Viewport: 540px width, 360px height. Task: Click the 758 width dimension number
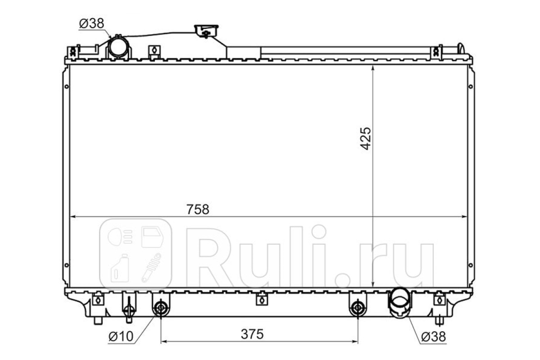point(198,210)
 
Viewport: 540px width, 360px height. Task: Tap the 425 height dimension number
point(365,139)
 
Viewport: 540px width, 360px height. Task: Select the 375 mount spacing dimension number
point(252,334)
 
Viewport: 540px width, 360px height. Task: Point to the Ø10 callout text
point(121,336)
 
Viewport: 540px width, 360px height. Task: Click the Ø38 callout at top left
point(92,23)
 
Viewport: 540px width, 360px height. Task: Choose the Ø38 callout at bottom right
point(434,337)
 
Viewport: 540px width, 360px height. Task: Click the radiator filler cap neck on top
point(206,31)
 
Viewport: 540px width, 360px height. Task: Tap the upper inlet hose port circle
point(118,47)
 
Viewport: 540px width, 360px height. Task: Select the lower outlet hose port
point(399,303)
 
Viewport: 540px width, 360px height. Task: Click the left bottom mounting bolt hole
point(161,308)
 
